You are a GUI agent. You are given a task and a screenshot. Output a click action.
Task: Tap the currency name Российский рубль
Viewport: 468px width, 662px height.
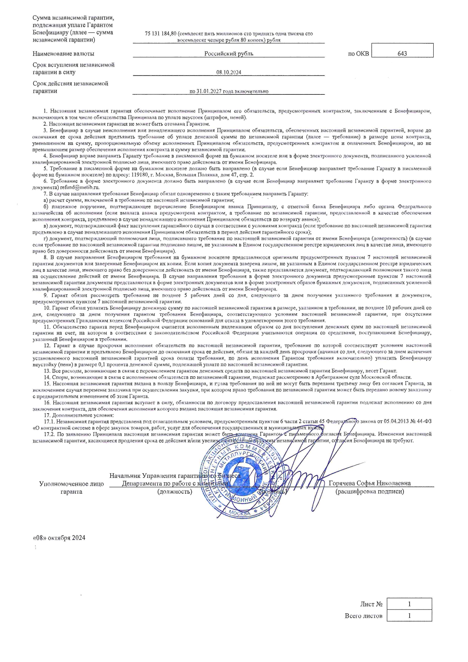click(x=229, y=54)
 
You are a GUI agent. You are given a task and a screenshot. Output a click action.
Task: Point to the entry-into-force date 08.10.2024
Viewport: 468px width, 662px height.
click(x=229, y=72)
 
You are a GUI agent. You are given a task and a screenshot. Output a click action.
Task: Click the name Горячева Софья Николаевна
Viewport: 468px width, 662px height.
click(x=369, y=483)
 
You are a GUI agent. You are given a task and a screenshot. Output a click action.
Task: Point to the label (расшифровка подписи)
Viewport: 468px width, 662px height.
click(x=369, y=491)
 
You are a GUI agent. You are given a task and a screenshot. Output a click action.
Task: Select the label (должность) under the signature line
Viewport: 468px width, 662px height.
click(x=174, y=491)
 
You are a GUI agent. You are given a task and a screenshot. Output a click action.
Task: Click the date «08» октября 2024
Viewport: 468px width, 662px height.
click(x=59, y=537)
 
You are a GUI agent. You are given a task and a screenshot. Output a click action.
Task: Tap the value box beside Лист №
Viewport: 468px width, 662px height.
click(x=409, y=604)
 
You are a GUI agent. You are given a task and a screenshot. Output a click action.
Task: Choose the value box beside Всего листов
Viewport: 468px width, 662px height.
click(x=409, y=616)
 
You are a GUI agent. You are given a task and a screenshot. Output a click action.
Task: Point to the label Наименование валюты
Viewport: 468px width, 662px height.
click(x=63, y=54)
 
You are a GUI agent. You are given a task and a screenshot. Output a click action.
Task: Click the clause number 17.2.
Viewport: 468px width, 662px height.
click(x=49, y=434)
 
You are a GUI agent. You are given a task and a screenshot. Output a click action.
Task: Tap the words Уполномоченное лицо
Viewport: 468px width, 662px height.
click(x=71, y=484)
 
